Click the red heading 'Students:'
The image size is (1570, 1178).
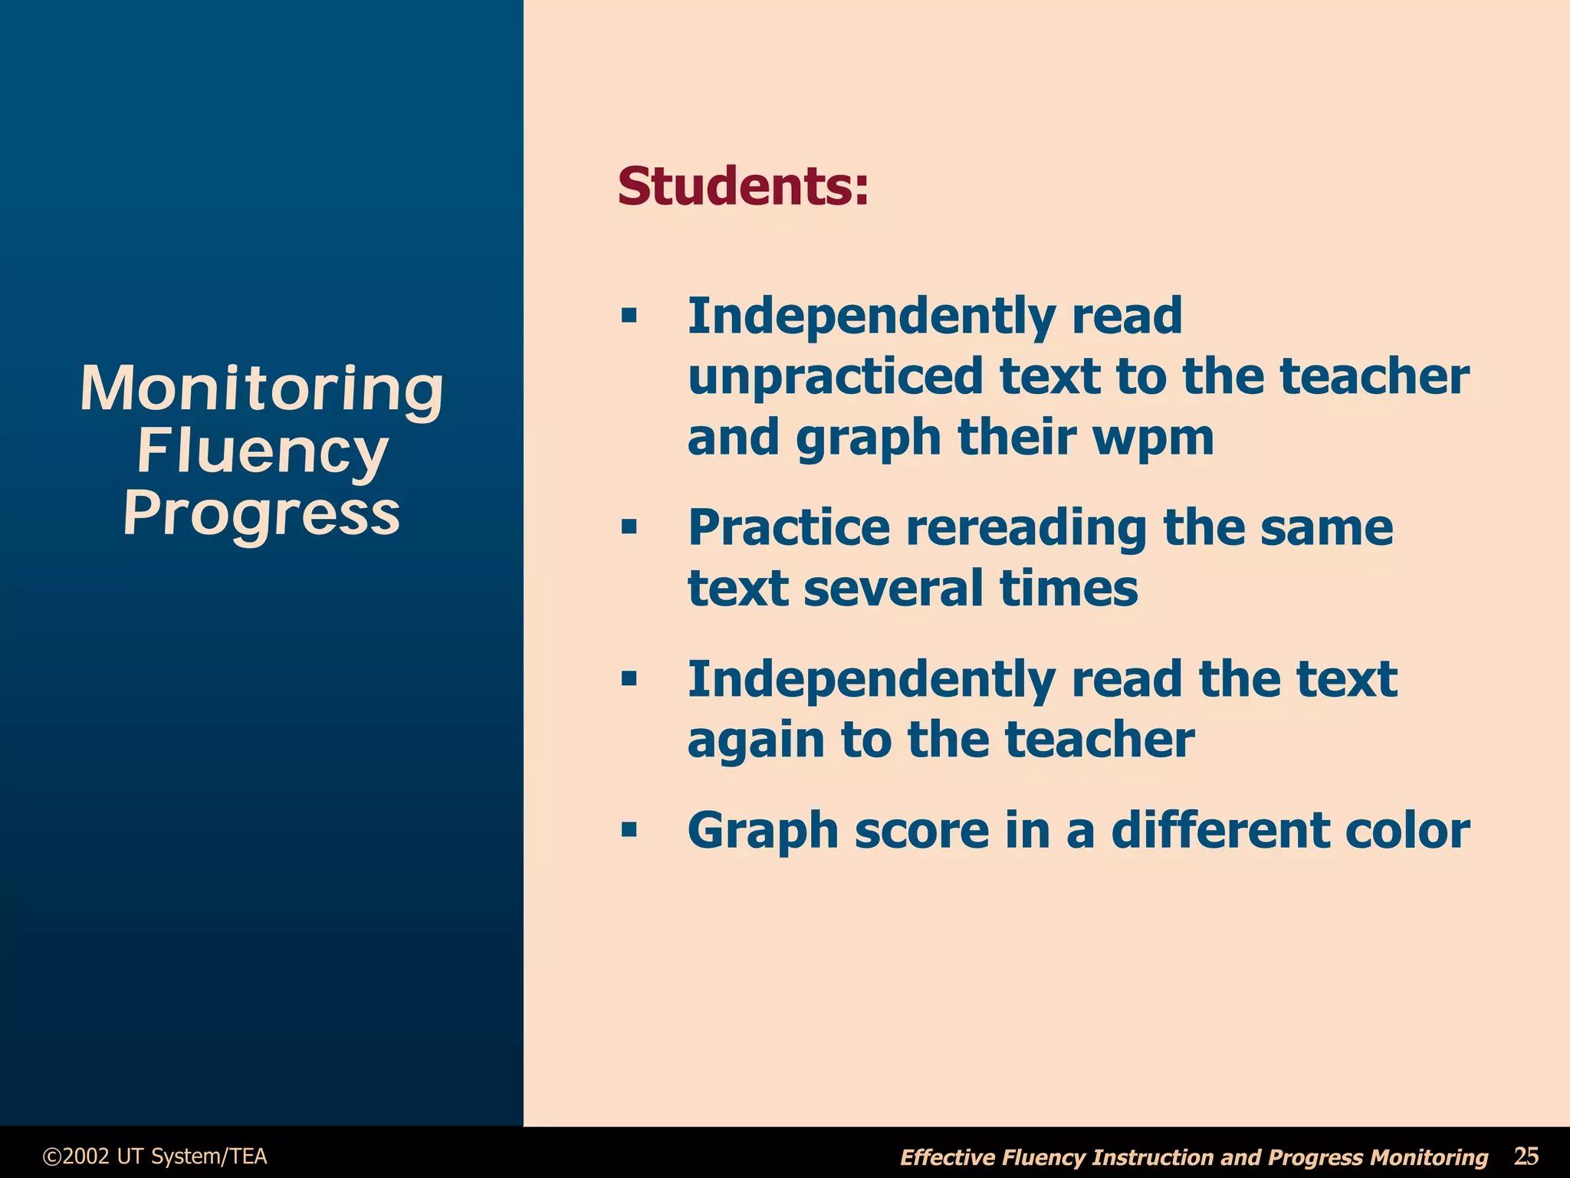point(743,186)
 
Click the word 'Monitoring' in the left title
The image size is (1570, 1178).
point(262,389)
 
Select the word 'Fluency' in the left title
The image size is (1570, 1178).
point(262,451)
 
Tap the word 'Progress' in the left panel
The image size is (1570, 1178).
point(262,514)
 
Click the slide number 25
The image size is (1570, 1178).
point(1526,1156)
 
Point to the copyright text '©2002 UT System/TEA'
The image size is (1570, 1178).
point(155,1156)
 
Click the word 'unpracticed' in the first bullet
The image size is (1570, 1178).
point(835,376)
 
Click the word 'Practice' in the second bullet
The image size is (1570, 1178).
point(789,528)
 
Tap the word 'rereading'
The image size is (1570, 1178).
point(1026,528)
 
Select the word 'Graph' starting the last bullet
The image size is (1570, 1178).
point(763,831)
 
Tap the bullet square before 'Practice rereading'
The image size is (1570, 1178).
point(629,527)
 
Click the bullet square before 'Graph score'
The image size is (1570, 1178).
point(629,830)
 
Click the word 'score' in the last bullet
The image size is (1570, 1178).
point(921,831)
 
